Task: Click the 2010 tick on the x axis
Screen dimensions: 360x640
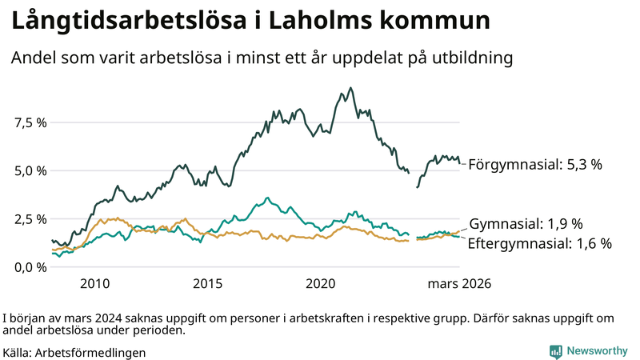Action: tap(94, 283)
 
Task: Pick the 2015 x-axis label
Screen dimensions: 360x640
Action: tap(207, 283)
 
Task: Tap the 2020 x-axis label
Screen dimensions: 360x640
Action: tap(320, 283)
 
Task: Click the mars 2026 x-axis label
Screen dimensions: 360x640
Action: tap(458, 283)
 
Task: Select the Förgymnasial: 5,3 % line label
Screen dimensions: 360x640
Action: tap(534, 164)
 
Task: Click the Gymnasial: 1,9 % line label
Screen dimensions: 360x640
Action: tap(525, 224)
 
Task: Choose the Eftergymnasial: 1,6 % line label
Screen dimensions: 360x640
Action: tap(539, 243)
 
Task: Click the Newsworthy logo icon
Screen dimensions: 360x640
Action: tap(555, 351)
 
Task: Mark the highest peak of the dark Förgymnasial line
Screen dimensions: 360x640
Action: tap(350, 88)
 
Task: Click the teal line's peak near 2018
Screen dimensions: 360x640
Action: tap(267, 198)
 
